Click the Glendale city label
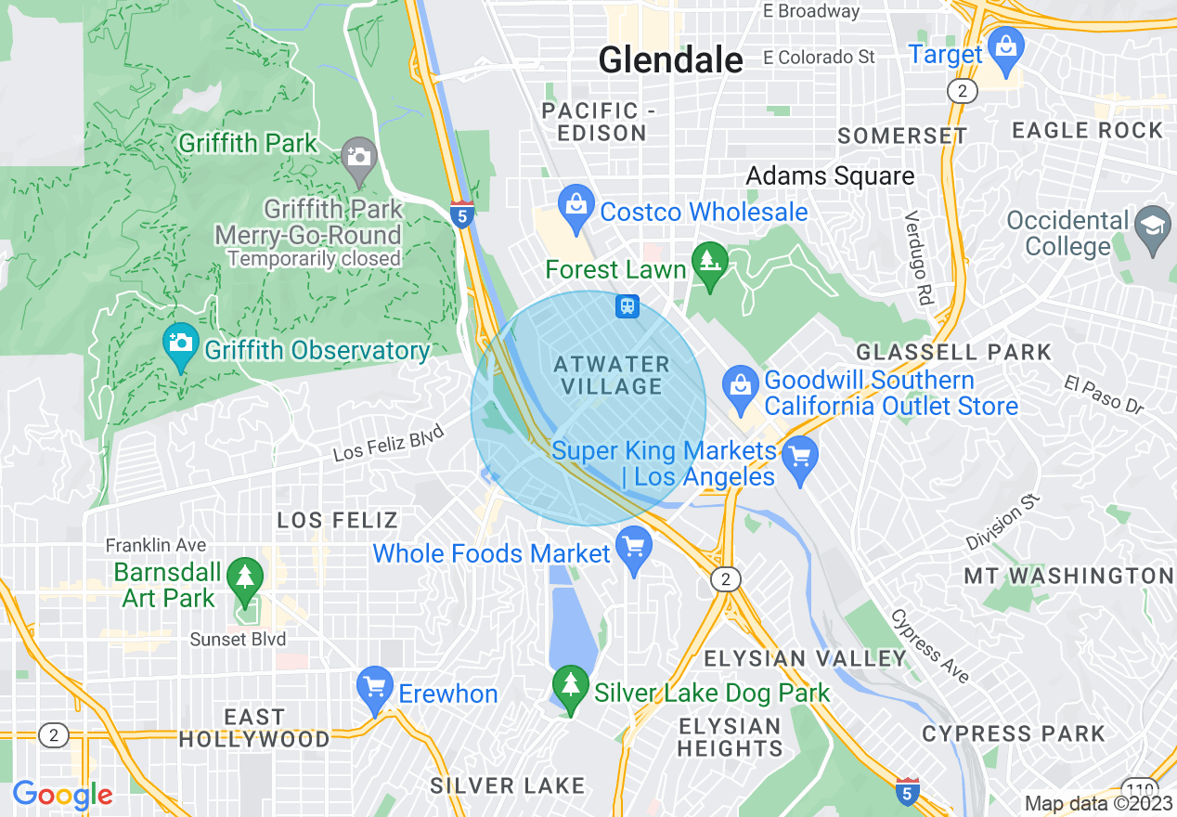click(670, 60)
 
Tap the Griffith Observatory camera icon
click(180, 342)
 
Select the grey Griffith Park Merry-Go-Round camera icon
click(358, 154)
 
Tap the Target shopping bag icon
click(1005, 45)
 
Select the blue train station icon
click(627, 305)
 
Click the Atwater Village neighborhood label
click(612, 374)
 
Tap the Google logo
click(62, 795)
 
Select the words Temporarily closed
click(314, 259)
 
